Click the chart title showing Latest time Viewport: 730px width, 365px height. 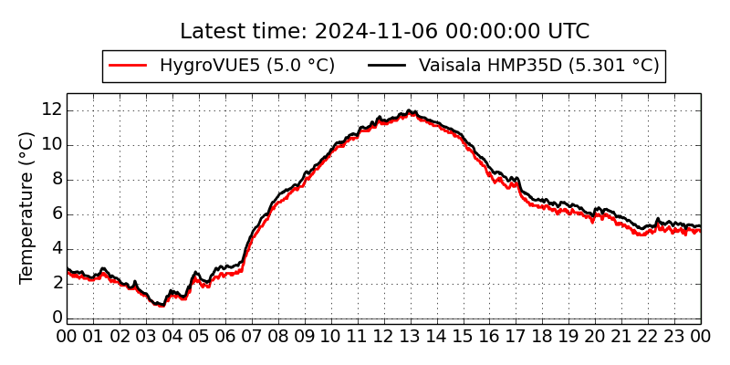tap(384, 31)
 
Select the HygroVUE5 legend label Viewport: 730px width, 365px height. tap(246, 66)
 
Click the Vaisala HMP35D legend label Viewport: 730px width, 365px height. tap(538, 66)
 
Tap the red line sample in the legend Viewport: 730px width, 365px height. tap(128, 66)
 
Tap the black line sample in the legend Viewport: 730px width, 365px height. tap(387, 66)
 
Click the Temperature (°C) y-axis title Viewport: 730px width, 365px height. tap(27, 207)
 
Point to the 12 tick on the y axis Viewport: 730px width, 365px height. tap(51, 109)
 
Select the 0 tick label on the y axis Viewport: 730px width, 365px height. tap(57, 318)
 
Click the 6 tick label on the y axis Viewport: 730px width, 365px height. tap(57, 214)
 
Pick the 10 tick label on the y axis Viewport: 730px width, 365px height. tap(51, 144)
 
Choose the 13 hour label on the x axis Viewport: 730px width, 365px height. tap(411, 336)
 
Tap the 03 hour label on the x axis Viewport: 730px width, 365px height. tap(146, 336)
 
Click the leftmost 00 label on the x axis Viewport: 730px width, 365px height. tap(67, 336)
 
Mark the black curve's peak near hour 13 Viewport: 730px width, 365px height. tap(409, 111)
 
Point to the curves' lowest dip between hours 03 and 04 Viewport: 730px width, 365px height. tap(161, 305)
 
